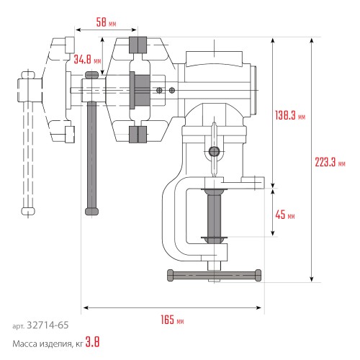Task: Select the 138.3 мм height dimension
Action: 290,114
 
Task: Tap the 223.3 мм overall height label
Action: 327,161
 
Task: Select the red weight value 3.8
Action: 91,343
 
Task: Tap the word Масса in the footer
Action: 27,343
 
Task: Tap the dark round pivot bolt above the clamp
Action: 213,151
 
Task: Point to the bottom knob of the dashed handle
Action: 29,210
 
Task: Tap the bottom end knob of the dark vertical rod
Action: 91,210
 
